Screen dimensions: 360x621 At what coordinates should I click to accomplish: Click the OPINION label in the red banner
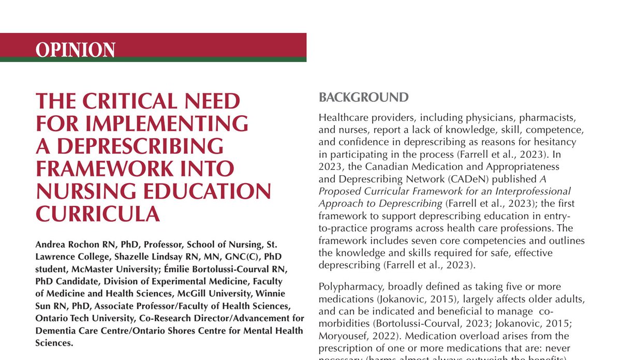75,50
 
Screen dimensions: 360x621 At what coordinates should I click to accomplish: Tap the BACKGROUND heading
363,97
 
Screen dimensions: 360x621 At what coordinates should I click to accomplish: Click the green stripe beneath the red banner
153,59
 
